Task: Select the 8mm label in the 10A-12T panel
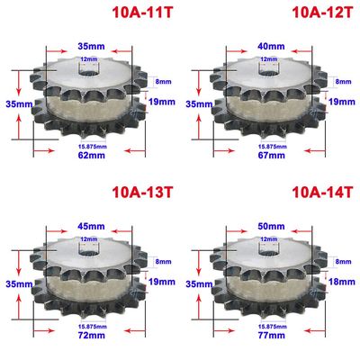click(x=344, y=82)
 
